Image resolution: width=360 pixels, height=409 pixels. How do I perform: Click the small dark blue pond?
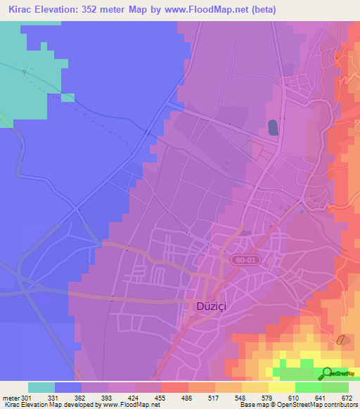click(272, 127)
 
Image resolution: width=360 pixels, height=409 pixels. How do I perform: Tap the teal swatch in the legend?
click(41, 387)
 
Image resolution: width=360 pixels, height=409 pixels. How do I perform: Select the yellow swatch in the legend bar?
click(281, 387)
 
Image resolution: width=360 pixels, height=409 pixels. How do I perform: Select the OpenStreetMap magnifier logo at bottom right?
click(326, 372)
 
